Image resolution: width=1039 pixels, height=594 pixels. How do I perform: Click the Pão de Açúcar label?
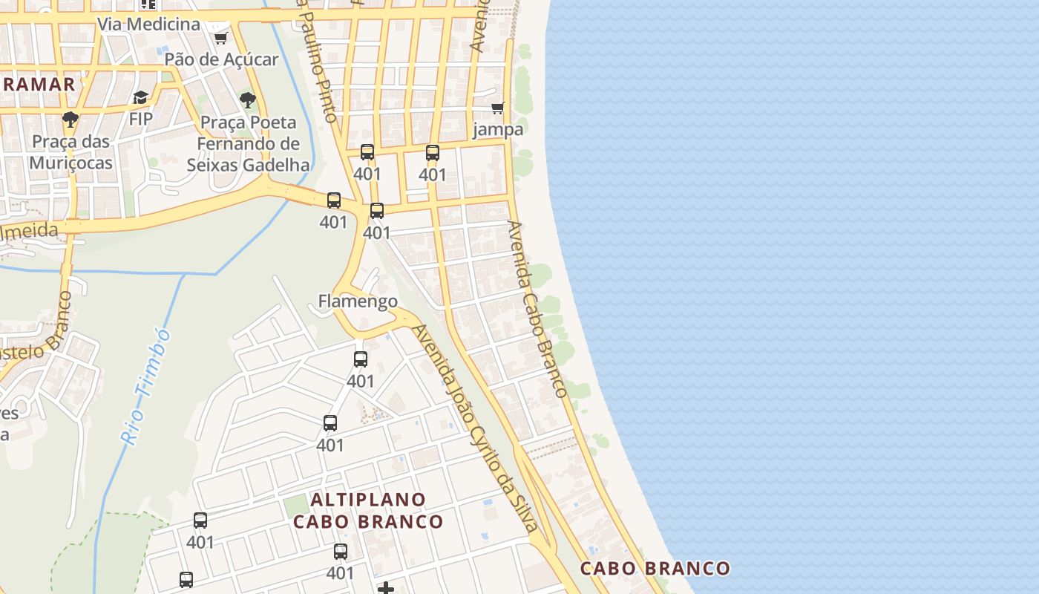221,59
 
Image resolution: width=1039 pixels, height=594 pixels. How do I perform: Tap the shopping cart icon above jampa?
497,108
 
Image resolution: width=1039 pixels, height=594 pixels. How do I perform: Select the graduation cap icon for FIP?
140,97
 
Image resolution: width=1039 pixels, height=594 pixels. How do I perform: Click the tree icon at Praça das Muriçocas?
71,119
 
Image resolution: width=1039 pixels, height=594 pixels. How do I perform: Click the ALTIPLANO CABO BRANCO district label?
368,510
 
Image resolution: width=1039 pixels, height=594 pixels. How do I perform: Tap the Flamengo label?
358,301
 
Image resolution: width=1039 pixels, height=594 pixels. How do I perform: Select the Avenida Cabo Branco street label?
538,308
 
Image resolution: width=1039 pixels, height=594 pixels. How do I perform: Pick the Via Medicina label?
148,24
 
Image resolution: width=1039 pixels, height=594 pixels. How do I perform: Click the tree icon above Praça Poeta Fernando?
248,99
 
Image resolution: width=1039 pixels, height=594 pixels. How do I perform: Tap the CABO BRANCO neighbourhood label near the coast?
655,569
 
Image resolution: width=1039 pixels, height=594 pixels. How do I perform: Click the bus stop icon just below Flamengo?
361,359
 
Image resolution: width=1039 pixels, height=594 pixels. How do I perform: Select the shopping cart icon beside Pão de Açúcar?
220,38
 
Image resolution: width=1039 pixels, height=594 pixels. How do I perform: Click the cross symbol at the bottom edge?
386,589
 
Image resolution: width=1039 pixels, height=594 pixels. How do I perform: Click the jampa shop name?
498,129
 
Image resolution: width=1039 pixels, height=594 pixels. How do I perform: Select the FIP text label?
140,119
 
